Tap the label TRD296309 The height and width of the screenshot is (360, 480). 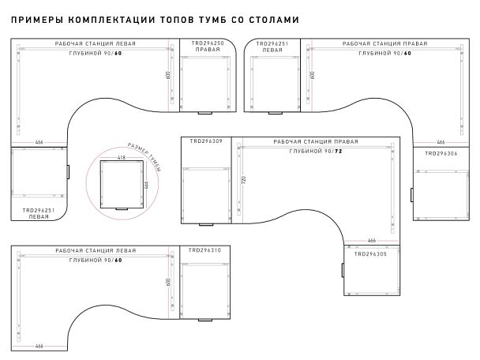click(205, 142)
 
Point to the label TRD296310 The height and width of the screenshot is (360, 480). click(205, 250)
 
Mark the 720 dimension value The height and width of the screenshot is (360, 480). click(245, 180)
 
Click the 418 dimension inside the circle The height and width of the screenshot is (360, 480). click(122, 158)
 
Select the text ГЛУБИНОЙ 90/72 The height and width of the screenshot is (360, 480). click(315, 150)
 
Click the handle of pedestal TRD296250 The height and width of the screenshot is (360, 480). click(204, 113)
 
